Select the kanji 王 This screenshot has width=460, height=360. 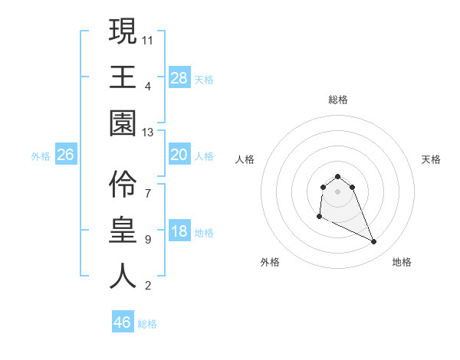123,77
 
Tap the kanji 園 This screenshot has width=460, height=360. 123,123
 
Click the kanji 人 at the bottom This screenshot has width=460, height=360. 123,277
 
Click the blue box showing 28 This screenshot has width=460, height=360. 179,77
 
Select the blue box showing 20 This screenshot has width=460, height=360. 179,155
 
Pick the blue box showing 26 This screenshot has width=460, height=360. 65,155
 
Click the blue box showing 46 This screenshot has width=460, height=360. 123,322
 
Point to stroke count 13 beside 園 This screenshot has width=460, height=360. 148,133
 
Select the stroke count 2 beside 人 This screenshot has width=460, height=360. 148,286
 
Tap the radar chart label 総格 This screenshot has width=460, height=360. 338,100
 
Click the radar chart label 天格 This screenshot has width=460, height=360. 432,159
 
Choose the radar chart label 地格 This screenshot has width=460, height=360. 402,262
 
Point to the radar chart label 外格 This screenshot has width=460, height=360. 270,262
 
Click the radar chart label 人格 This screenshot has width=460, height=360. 245,159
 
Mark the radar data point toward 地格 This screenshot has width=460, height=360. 374,242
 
